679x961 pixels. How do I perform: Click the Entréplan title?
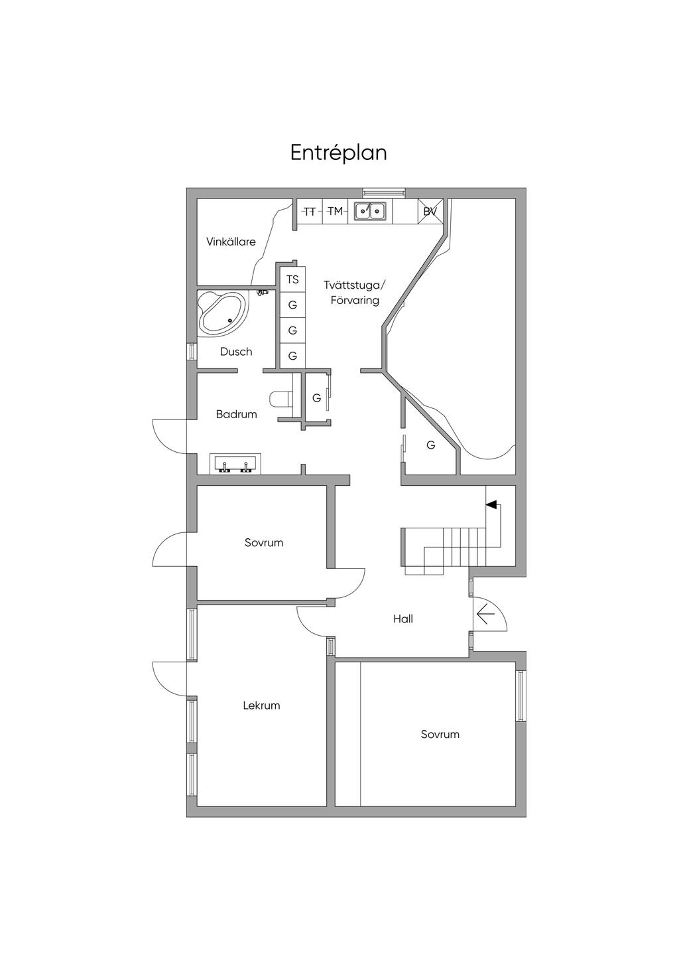[x=338, y=153]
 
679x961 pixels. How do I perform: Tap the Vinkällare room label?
[x=231, y=242]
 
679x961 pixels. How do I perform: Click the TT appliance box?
[x=309, y=212]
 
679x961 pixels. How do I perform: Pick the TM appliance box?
[x=336, y=212]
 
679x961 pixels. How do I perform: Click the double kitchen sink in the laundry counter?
[x=370, y=212]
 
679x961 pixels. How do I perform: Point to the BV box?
[x=430, y=212]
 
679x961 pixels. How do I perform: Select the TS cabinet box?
[x=292, y=279]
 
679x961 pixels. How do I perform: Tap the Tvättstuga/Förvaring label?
[x=354, y=293]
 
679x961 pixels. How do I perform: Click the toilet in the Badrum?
[x=281, y=399]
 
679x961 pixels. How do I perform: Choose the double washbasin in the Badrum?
[x=235, y=465]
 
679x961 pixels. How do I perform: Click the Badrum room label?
[x=236, y=414]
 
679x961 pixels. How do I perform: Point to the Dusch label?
[x=236, y=352]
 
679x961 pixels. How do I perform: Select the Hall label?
[x=402, y=619]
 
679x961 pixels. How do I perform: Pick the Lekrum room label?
[x=261, y=705]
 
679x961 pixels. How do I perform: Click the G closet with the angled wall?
[x=430, y=445]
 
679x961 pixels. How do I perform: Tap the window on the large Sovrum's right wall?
[x=521, y=696]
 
